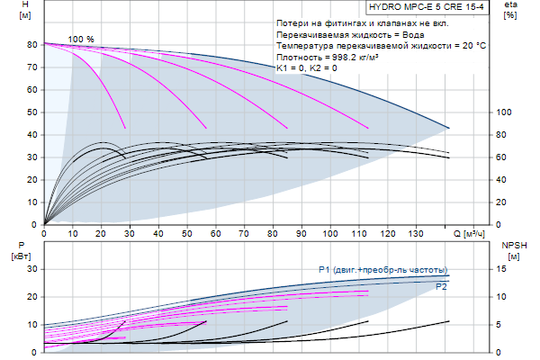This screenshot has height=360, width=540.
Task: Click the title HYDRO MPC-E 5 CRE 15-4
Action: coord(432,6)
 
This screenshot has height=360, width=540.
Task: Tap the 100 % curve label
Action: coord(80,40)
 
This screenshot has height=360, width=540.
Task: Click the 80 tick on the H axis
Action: coord(31,44)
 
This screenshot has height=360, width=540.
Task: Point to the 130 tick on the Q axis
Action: coord(415,234)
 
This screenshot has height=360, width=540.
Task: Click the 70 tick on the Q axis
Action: coord(243,234)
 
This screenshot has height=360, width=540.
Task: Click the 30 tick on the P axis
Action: coord(31,269)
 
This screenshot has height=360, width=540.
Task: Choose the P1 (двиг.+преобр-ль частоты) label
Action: coord(382,269)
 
